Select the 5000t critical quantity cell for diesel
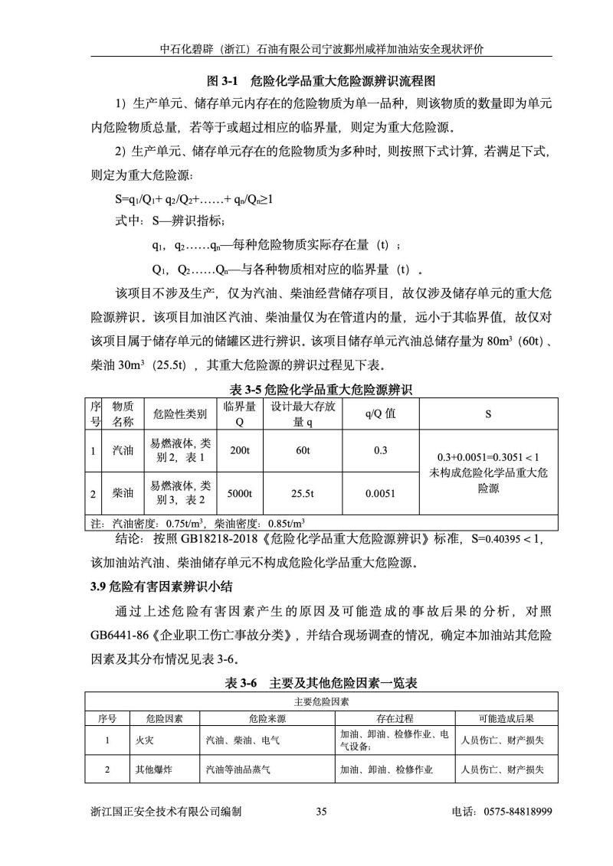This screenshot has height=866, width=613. pyautogui.click(x=240, y=494)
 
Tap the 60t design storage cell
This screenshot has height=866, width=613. pyautogui.click(x=302, y=450)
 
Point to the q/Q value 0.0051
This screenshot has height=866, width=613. pyautogui.click(x=380, y=494)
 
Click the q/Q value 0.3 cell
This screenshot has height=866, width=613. pyautogui.click(x=380, y=450)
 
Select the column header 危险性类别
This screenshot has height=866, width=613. pyautogui.click(x=180, y=414)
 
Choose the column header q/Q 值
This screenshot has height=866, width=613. pyautogui.click(x=380, y=414)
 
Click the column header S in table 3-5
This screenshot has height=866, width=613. pyautogui.click(x=488, y=414)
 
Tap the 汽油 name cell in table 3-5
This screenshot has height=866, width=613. pyautogui.click(x=123, y=450)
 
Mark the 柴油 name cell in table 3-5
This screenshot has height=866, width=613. pyautogui.click(x=123, y=494)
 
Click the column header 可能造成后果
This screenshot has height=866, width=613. pyautogui.click(x=506, y=719)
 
